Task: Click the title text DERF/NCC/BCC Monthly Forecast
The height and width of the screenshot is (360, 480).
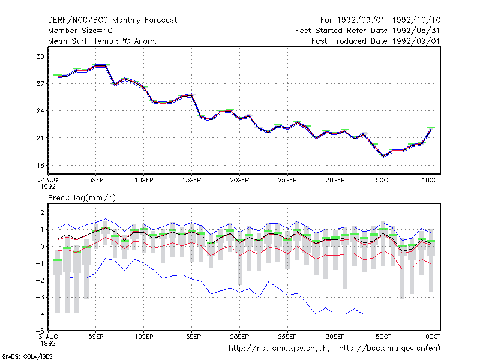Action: (x=112, y=20)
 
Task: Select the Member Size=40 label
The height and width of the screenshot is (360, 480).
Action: (x=80, y=31)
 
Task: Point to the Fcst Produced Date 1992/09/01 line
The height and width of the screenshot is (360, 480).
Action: (x=376, y=41)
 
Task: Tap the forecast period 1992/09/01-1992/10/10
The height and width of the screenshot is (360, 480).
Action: (x=380, y=20)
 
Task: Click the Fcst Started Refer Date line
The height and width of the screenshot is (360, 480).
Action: (x=368, y=31)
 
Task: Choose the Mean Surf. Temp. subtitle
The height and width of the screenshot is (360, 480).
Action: (x=103, y=41)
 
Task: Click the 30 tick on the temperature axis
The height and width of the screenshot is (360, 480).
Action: (x=40, y=56)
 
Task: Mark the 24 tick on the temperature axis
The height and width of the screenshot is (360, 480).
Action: (x=40, y=111)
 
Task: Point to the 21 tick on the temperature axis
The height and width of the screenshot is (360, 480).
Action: (x=40, y=138)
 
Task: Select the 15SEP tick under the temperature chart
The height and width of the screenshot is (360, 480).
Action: (x=191, y=180)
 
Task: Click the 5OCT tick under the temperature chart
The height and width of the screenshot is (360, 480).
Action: (x=383, y=180)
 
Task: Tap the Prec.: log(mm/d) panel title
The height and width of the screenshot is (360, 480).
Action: (x=82, y=198)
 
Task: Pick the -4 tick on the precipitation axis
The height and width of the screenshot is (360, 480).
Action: (x=40, y=314)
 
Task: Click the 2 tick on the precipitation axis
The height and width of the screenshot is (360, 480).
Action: (x=42, y=212)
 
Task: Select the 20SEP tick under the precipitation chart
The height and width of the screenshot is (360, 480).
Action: (x=239, y=337)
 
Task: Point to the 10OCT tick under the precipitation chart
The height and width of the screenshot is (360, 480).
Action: (x=431, y=337)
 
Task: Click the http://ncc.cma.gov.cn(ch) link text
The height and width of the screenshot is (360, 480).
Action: (x=279, y=349)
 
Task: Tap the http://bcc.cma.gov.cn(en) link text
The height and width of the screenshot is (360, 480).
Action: (x=389, y=349)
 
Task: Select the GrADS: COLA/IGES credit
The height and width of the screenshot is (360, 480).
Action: (x=27, y=356)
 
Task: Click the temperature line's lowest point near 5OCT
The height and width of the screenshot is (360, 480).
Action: (x=383, y=156)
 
